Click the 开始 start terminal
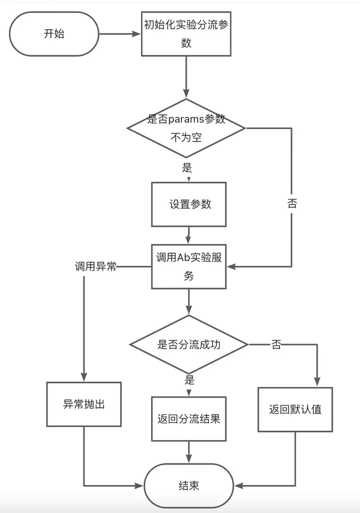[x=54, y=33]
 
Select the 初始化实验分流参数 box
[x=186, y=33]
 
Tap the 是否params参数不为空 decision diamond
[x=186, y=128]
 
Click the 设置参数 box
[x=189, y=204]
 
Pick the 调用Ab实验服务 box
[x=189, y=266]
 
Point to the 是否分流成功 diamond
[x=189, y=344]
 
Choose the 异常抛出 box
[x=84, y=404]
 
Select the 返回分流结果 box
[x=189, y=419]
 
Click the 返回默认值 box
[x=295, y=409]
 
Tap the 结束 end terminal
[x=189, y=485]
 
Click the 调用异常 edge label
[x=95, y=266]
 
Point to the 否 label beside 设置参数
[x=292, y=204]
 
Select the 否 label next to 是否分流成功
[x=276, y=344]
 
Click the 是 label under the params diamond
[x=187, y=167]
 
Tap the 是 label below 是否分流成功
[x=189, y=380]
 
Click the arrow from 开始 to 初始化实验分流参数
[x=120, y=33]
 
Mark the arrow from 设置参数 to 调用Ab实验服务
[x=189, y=235]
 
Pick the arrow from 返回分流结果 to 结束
[x=189, y=452]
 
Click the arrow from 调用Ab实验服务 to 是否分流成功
[x=189, y=301]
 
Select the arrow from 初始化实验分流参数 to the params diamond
[x=186, y=77]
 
